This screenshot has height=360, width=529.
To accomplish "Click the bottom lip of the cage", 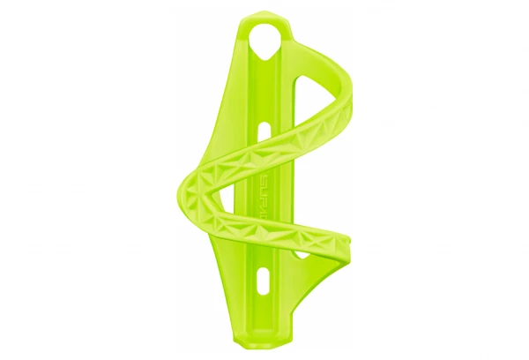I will click(x=264, y=340).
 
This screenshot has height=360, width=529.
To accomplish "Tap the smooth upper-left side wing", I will click(x=224, y=106).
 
